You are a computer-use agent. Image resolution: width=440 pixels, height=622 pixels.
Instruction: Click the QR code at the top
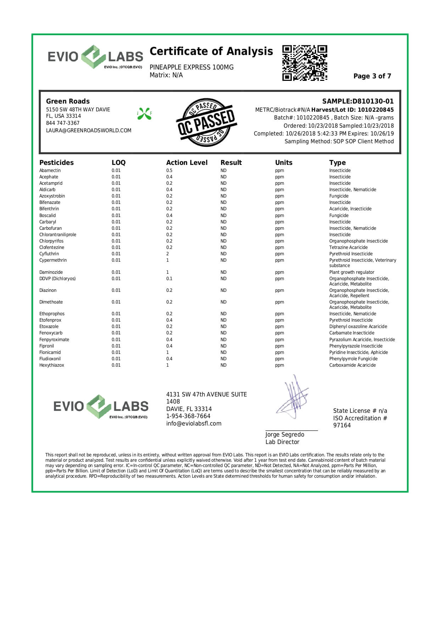point(305,63)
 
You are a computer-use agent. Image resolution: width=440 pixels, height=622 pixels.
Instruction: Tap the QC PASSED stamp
point(206,122)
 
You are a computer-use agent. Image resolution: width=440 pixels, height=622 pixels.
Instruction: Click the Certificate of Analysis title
point(211,51)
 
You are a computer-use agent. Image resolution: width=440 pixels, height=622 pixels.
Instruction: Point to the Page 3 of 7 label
point(372,76)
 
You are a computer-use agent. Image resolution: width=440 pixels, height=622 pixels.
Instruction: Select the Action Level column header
point(187,163)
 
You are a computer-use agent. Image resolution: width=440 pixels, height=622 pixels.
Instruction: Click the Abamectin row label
point(50,171)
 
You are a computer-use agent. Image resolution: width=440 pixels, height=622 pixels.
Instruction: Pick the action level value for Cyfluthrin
point(168,254)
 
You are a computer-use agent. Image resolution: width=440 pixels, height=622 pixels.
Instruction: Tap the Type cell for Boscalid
point(339,216)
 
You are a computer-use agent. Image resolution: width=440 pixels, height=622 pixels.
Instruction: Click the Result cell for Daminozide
point(223,272)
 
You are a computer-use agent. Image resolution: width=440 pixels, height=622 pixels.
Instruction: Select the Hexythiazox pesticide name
point(52,365)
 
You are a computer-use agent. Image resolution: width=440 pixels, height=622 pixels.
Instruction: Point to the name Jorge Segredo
point(285,435)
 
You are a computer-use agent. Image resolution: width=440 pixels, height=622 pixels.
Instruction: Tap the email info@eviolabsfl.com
point(194,423)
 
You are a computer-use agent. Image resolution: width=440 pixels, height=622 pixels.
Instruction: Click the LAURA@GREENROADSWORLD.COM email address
point(89,130)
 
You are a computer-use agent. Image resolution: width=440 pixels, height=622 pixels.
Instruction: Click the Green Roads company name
point(68,101)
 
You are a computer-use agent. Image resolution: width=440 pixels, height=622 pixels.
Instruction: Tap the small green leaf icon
point(144,113)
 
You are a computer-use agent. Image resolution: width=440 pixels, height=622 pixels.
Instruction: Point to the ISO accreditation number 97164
point(342,426)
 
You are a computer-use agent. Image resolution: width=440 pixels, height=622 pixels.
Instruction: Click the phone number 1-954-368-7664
point(188,416)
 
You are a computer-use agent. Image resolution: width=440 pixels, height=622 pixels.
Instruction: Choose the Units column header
point(284,163)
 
